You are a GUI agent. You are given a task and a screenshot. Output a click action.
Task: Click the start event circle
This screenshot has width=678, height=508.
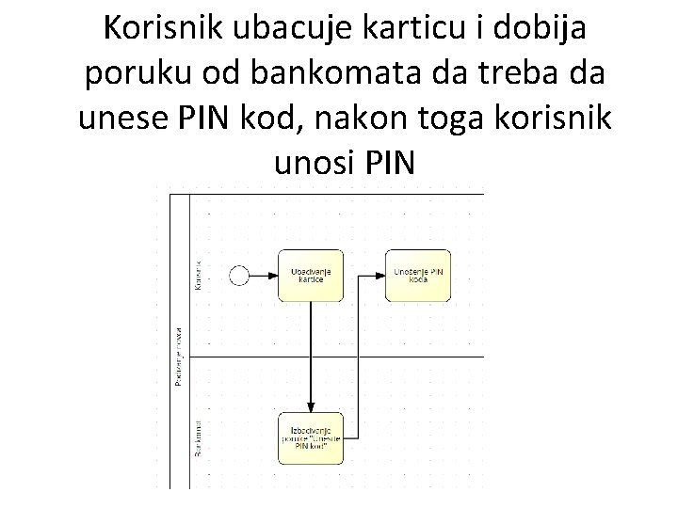point(239,275)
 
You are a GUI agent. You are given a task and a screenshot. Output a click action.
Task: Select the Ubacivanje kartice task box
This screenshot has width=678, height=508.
point(311,275)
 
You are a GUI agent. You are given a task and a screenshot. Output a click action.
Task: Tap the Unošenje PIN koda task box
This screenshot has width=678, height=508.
point(417,275)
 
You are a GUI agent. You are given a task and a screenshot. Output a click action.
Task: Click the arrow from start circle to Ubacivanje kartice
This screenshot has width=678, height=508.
point(263,275)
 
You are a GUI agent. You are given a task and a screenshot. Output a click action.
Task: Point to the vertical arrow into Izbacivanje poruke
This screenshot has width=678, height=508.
point(311,357)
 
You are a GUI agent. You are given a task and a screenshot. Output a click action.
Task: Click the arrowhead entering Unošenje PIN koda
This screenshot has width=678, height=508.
point(380,275)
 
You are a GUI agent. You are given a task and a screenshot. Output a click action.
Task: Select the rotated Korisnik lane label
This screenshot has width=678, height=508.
point(197,274)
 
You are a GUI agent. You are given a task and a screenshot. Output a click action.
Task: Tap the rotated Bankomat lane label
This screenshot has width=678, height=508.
point(197,438)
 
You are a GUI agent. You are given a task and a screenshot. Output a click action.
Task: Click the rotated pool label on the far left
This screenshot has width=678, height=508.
point(178,357)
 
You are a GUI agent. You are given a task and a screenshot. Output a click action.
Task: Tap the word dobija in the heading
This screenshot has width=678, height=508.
point(544,30)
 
